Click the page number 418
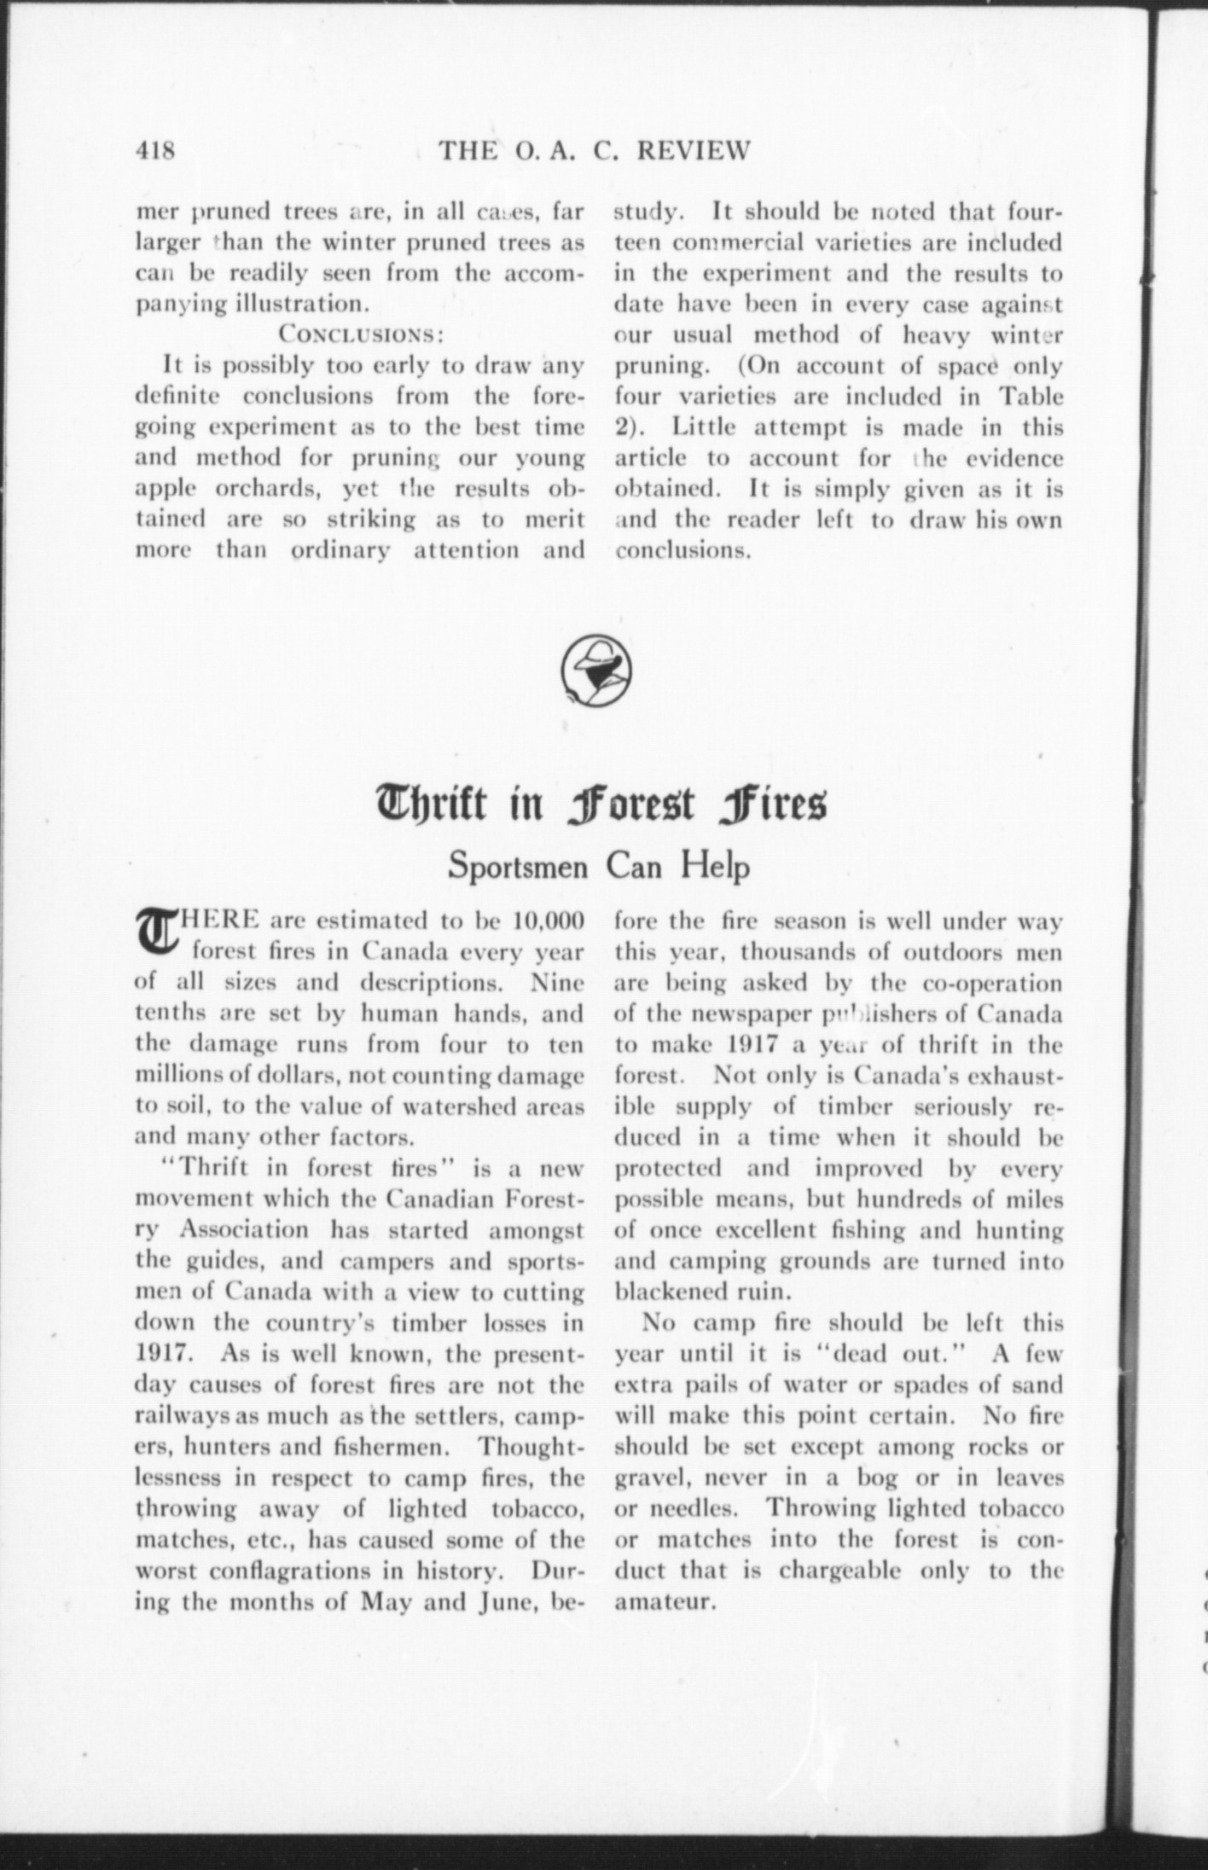(155, 151)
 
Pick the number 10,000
(548, 921)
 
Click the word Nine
(557, 983)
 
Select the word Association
(246, 1230)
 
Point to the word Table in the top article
(1031, 397)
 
